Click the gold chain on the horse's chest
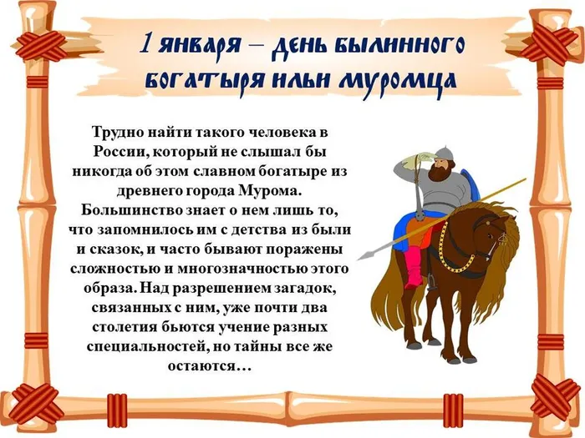pos(455,259)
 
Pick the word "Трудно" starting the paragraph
pos(120,133)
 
